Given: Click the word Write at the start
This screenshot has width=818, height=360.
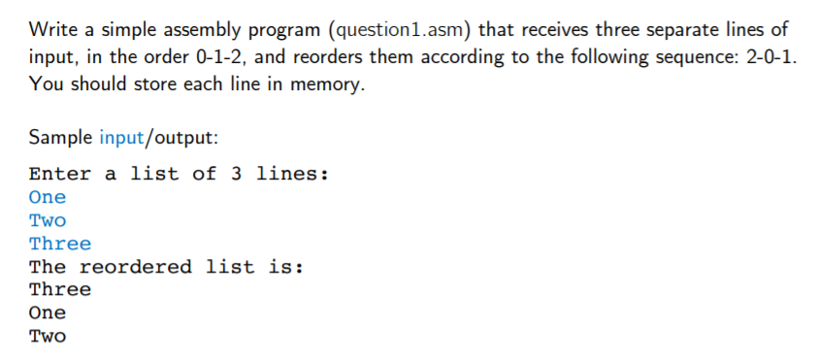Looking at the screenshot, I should [52, 30].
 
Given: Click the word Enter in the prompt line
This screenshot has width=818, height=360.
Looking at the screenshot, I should [60, 175].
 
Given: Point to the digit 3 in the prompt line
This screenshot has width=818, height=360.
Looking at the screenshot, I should [237, 175].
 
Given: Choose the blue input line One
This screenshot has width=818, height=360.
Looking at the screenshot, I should [48, 197].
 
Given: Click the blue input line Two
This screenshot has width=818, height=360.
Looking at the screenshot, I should [48, 220].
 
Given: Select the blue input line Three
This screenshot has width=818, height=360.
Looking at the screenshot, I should [60, 244].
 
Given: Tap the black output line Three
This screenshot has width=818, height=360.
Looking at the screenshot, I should [60, 290].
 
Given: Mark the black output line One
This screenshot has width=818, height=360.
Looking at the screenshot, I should [48, 313].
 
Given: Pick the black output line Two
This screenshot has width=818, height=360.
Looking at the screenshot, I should [48, 337].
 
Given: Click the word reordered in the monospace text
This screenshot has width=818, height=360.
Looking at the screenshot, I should [136, 267].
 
